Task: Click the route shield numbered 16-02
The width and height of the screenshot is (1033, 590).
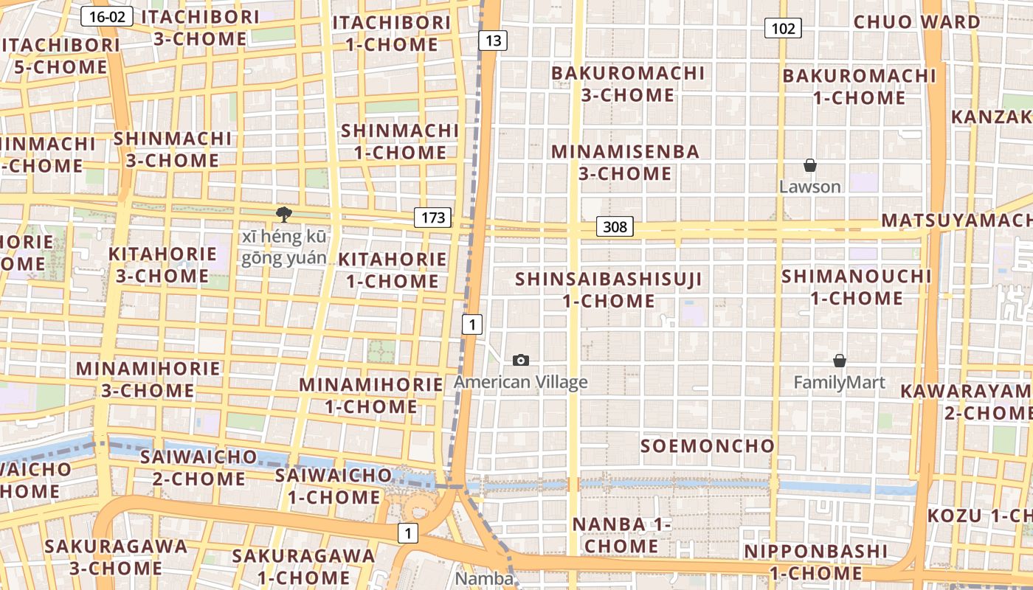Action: pos(107,16)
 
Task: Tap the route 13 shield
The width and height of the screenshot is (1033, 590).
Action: pos(493,40)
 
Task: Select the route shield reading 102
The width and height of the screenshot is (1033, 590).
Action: pos(783,29)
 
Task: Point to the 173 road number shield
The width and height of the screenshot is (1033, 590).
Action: pos(432,218)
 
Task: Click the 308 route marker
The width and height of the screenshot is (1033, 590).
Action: pos(615,226)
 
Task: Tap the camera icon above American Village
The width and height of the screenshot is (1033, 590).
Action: pos(521,360)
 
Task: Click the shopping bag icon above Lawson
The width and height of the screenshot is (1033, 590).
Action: pos(809,165)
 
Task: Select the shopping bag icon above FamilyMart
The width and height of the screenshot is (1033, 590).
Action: pos(839,361)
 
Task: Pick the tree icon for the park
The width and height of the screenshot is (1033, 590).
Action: pos(283,215)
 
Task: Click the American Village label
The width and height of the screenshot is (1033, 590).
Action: pos(521,382)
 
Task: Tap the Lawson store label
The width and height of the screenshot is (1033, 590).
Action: pos(810,187)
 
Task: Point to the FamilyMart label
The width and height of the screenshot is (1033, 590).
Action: pos(840,383)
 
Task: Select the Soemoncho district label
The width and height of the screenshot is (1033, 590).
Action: pos(708,445)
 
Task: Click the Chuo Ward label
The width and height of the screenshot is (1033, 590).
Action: pos(917,22)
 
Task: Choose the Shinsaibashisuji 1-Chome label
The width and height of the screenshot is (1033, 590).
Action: pos(609,290)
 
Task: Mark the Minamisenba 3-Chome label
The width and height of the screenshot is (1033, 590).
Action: pos(625,162)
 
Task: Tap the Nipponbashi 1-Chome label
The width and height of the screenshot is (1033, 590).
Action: pos(815,562)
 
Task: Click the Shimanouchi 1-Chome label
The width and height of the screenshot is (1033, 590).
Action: pos(857,287)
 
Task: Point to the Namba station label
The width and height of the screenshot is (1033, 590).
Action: pos(484,578)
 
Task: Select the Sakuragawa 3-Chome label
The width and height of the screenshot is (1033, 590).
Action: pos(116,557)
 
